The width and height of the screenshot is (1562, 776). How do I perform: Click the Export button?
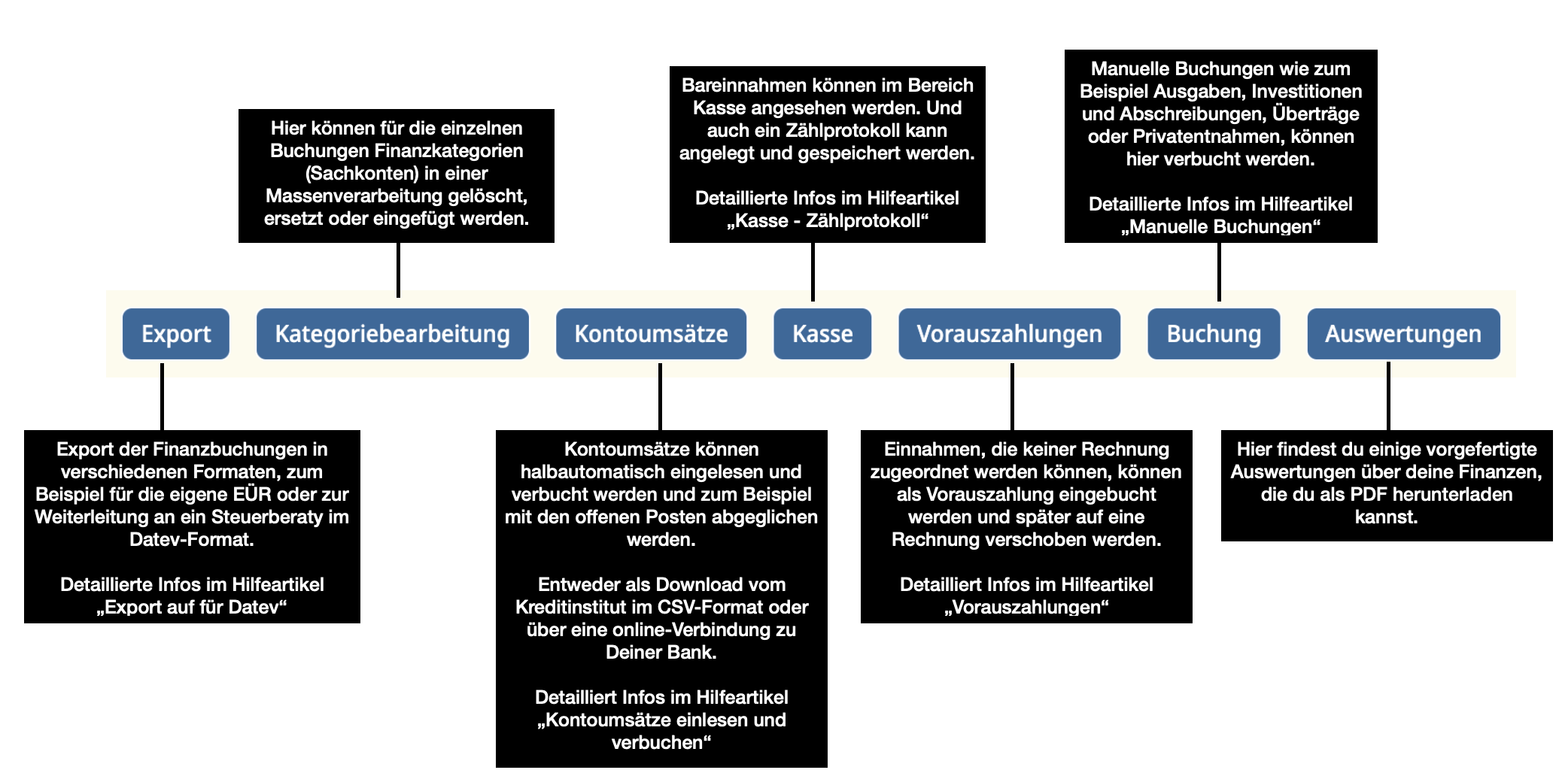coord(176,334)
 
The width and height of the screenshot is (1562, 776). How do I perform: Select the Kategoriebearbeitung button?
coord(393,334)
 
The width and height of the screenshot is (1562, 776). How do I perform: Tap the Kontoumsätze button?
coord(652,334)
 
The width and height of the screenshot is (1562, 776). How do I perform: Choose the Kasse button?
coord(822,334)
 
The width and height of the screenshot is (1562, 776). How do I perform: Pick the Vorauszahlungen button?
coord(1010,334)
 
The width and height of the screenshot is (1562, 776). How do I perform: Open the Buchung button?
coord(1214,334)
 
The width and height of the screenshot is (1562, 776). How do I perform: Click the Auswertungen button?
coord(1403,334)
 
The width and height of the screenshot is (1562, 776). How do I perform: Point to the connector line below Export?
coord(162,397)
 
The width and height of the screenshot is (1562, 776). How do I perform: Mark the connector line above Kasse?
coord(813,271)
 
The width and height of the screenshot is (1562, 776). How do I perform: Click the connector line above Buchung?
coord(1219,271)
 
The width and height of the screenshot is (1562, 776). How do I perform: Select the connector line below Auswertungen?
coord(1388,396)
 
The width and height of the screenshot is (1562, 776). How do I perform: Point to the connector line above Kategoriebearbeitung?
coord(398,270)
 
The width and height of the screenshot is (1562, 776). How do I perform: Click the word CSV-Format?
coord(707,608)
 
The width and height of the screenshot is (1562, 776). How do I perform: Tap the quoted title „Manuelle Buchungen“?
coord(1220,227)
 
